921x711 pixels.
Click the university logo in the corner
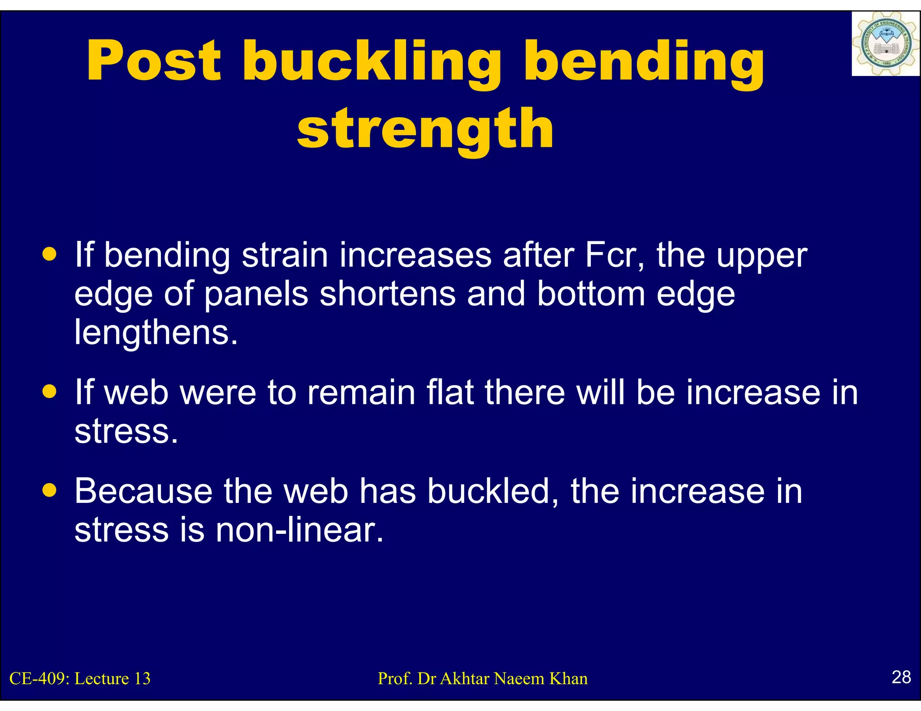point(885,44)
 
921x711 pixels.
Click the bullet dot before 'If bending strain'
point(49,254)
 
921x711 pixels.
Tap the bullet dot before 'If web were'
point(49,391)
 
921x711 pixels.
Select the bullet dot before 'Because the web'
point(49,490)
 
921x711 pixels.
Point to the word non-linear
point(300,530)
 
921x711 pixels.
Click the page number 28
point(901,677)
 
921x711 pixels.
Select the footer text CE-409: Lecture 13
point(80,679)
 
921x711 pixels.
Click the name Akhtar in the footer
point(465,679)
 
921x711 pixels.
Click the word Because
point(143,491)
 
